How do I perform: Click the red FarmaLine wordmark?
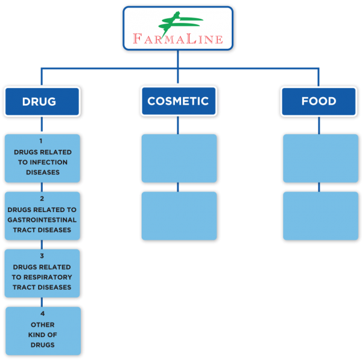pos(178,39)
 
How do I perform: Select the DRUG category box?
pos(42,101)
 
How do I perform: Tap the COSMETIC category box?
pos(179,101)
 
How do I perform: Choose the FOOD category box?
pos(319,101)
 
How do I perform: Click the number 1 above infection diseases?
pos(41,141)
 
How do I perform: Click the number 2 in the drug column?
pos(42,199)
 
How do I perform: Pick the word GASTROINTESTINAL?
pos(42,220)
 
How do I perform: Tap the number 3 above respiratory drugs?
pos(42,256)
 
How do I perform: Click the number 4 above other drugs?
pos(42,313)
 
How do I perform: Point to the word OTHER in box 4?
pos(43,324)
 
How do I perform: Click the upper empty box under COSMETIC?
pos(179,158)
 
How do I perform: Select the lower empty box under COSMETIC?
pos(179,216)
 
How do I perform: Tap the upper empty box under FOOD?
pos(320,158)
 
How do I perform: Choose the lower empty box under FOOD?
pos(320,216)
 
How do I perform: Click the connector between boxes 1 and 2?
pos(42,187)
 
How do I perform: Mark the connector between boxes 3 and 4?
pos(42,302)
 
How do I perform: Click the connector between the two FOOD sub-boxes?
pos(319,187)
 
